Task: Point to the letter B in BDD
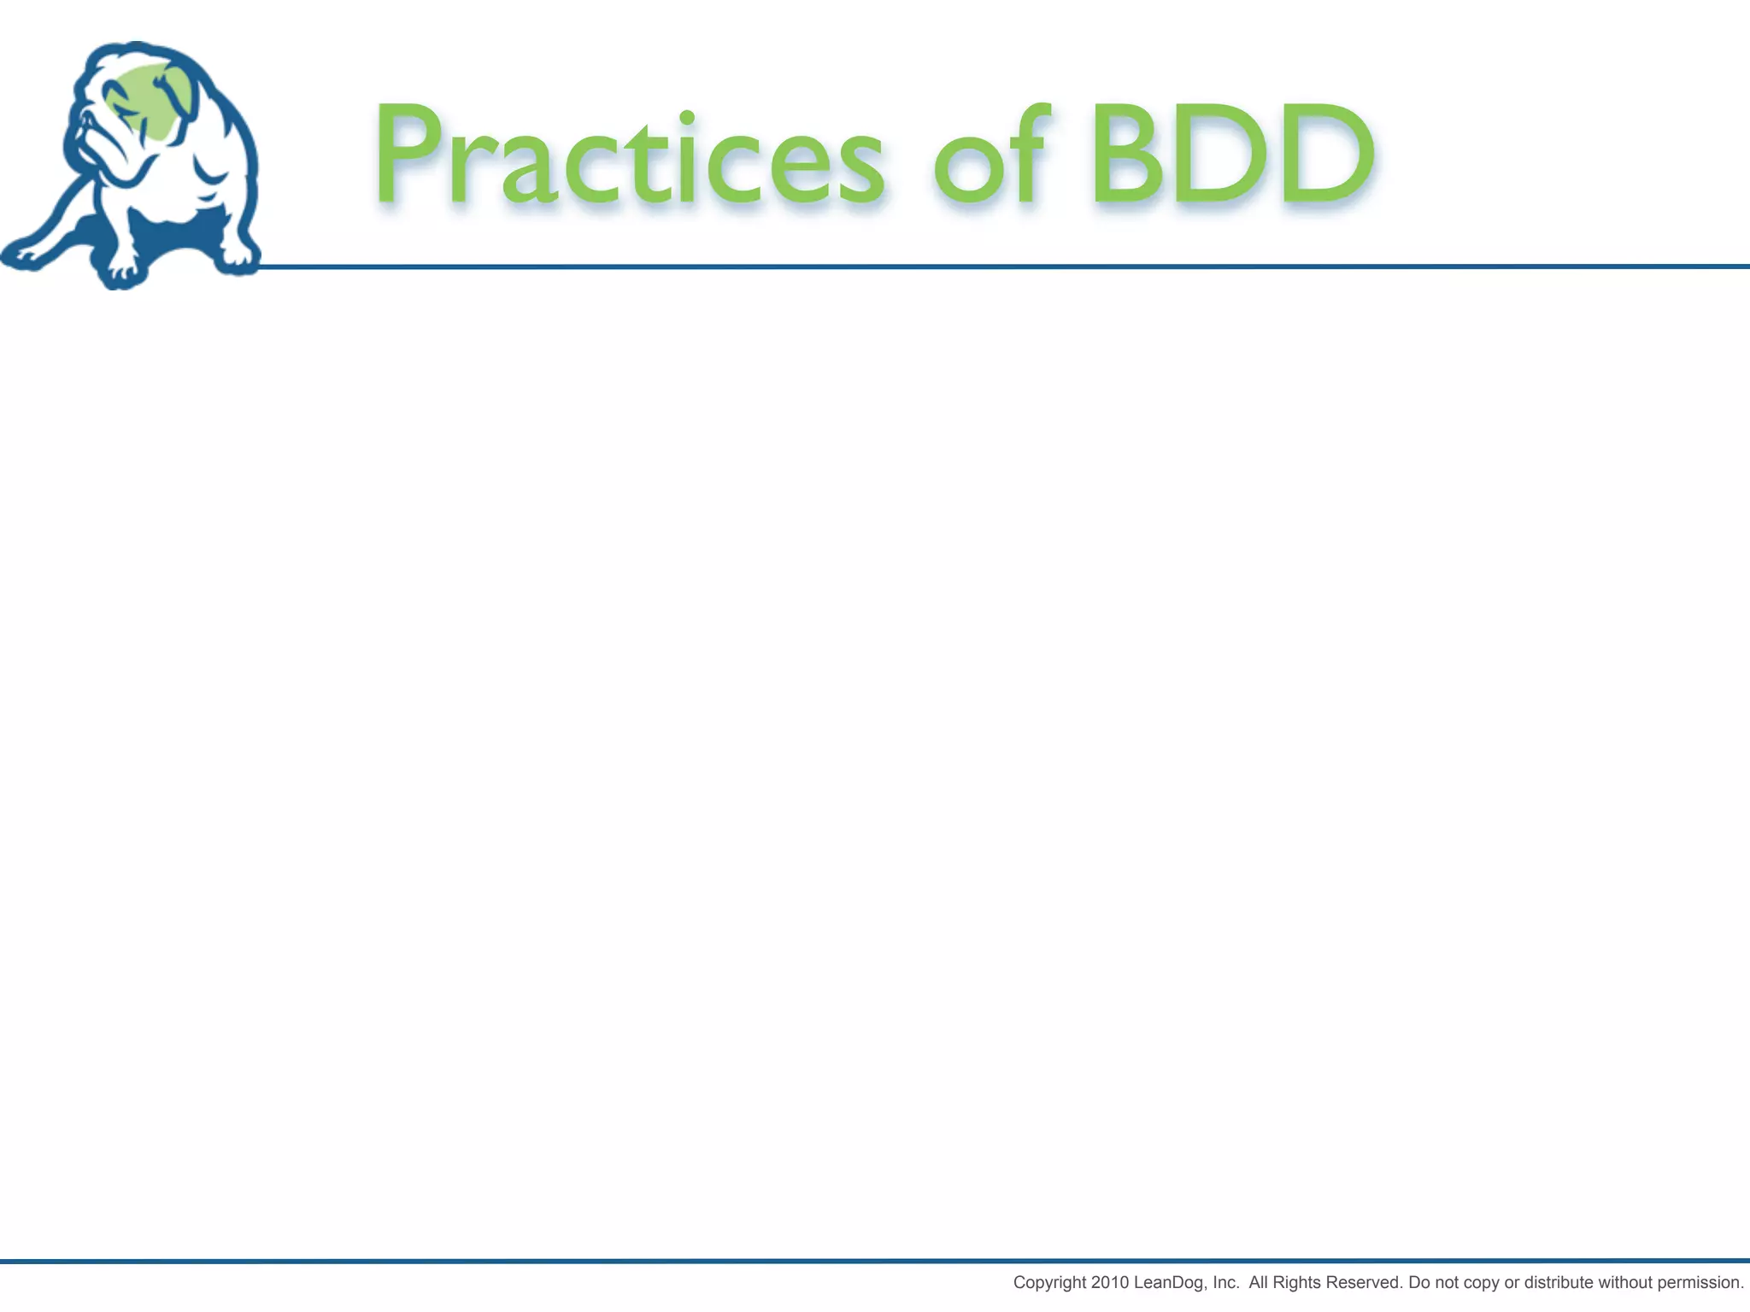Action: point(1126,154)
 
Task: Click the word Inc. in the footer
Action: point(1225,1282)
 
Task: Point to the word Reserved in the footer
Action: point(1364,1282)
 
